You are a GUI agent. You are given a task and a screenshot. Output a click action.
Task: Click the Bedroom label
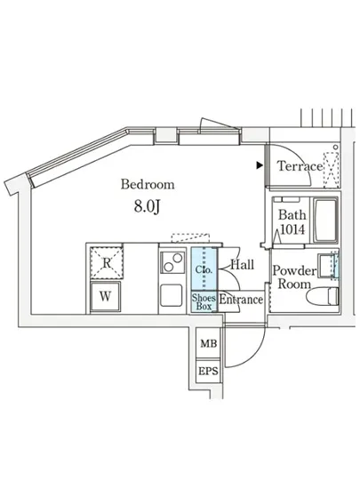148,184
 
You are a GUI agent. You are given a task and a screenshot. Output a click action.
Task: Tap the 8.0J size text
148,206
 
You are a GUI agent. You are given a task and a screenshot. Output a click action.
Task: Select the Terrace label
300,166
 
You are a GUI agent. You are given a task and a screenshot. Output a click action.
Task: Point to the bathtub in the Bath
325,220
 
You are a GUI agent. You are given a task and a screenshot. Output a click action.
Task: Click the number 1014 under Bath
292,229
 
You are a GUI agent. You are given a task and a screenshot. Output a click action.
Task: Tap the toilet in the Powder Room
322,296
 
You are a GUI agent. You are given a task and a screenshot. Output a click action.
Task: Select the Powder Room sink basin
326,266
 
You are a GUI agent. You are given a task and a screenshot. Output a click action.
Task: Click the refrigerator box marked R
107,262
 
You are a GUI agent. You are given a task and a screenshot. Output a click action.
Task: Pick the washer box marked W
106,296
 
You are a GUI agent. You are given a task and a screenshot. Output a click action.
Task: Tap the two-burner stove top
172,262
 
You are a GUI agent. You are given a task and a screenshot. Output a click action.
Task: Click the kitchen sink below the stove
172,295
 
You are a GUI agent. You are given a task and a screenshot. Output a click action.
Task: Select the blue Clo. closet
204,269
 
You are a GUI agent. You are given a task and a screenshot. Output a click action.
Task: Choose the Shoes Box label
204,301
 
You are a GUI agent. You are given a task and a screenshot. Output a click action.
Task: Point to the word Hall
243,265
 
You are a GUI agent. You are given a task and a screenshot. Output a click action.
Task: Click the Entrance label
241,300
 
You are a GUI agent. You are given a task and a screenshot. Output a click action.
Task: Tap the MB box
209,343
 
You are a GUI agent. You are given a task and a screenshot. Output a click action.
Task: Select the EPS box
209,371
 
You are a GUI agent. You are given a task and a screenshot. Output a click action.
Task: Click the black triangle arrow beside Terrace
260,165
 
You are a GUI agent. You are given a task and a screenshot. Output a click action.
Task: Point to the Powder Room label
294,277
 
